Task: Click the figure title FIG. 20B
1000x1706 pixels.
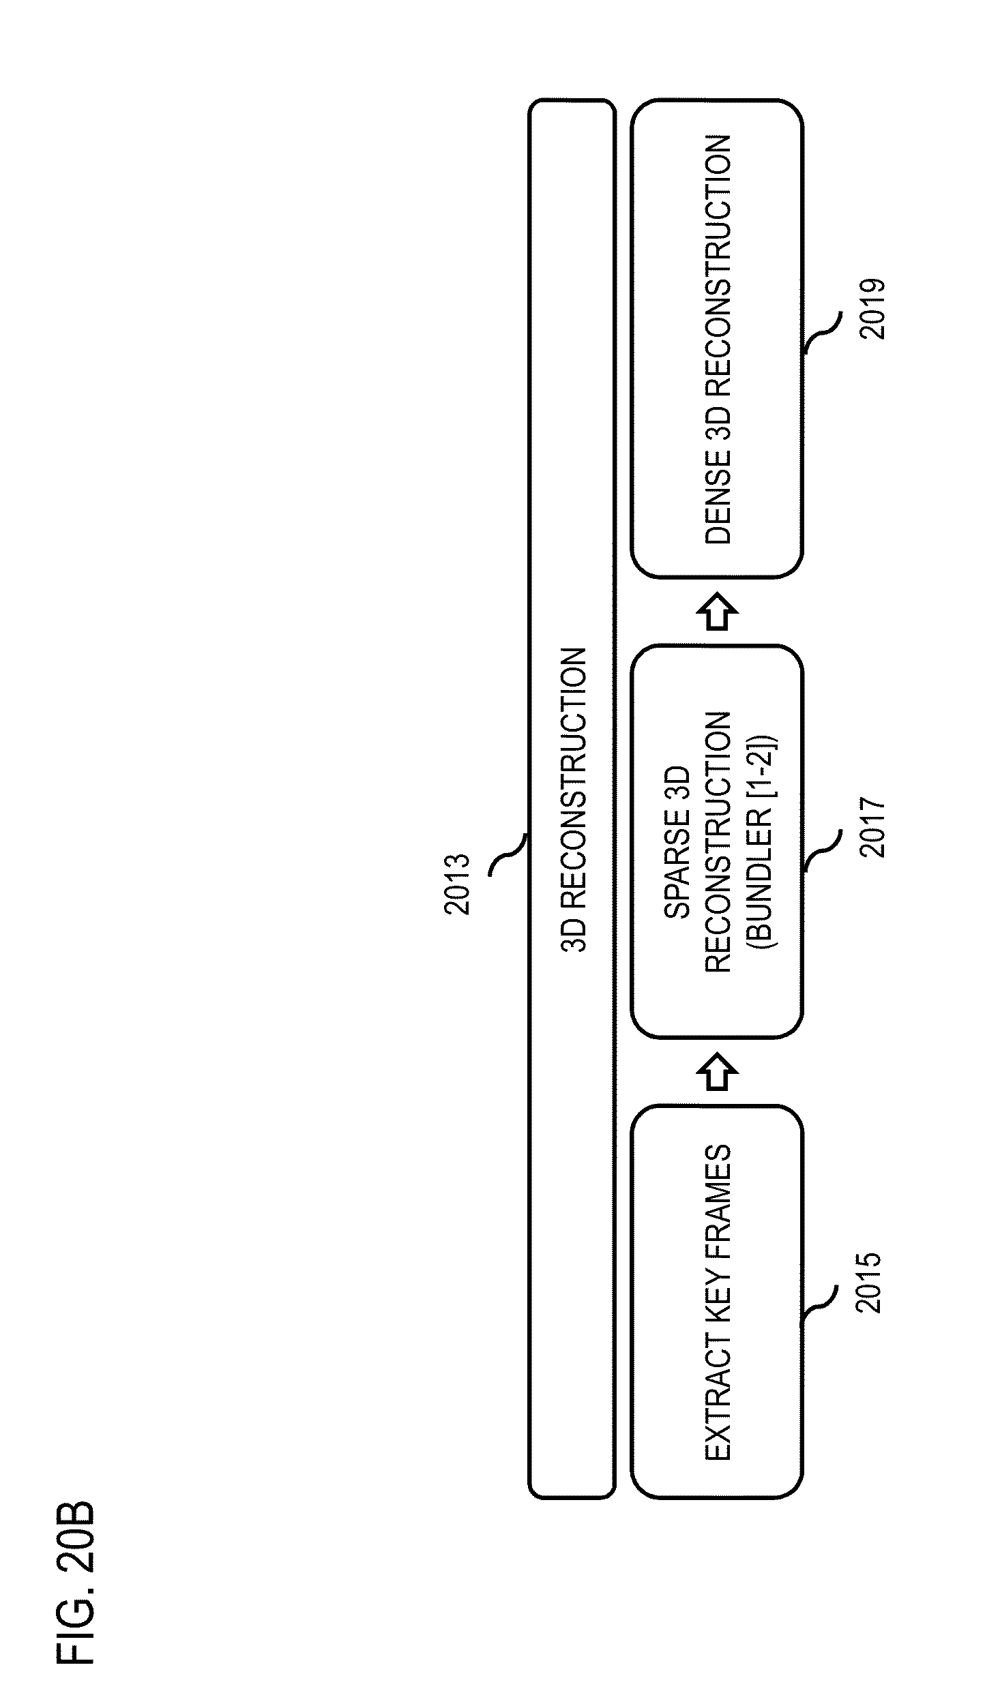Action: [x=75, y=1581]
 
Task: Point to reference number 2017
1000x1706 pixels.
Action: [x=872, y=827]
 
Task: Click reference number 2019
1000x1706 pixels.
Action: [x=872, y=308]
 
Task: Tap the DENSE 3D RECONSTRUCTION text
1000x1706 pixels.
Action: [x=718, y=339]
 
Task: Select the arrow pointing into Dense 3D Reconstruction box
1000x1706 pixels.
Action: [x=717, y=612]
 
